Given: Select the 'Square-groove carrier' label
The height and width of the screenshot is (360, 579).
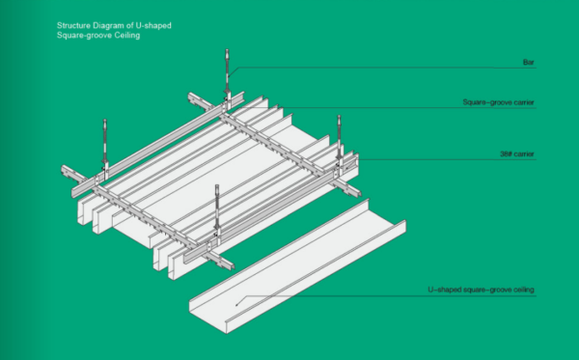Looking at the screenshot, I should (499, 101).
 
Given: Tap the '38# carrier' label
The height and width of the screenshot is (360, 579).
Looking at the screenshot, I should (515, 153).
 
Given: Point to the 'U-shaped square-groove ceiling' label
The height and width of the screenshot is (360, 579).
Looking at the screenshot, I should (480, 290).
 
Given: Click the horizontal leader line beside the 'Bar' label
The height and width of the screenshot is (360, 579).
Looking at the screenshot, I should (386, 67).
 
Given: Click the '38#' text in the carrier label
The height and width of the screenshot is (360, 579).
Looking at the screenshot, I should (505, 153).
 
